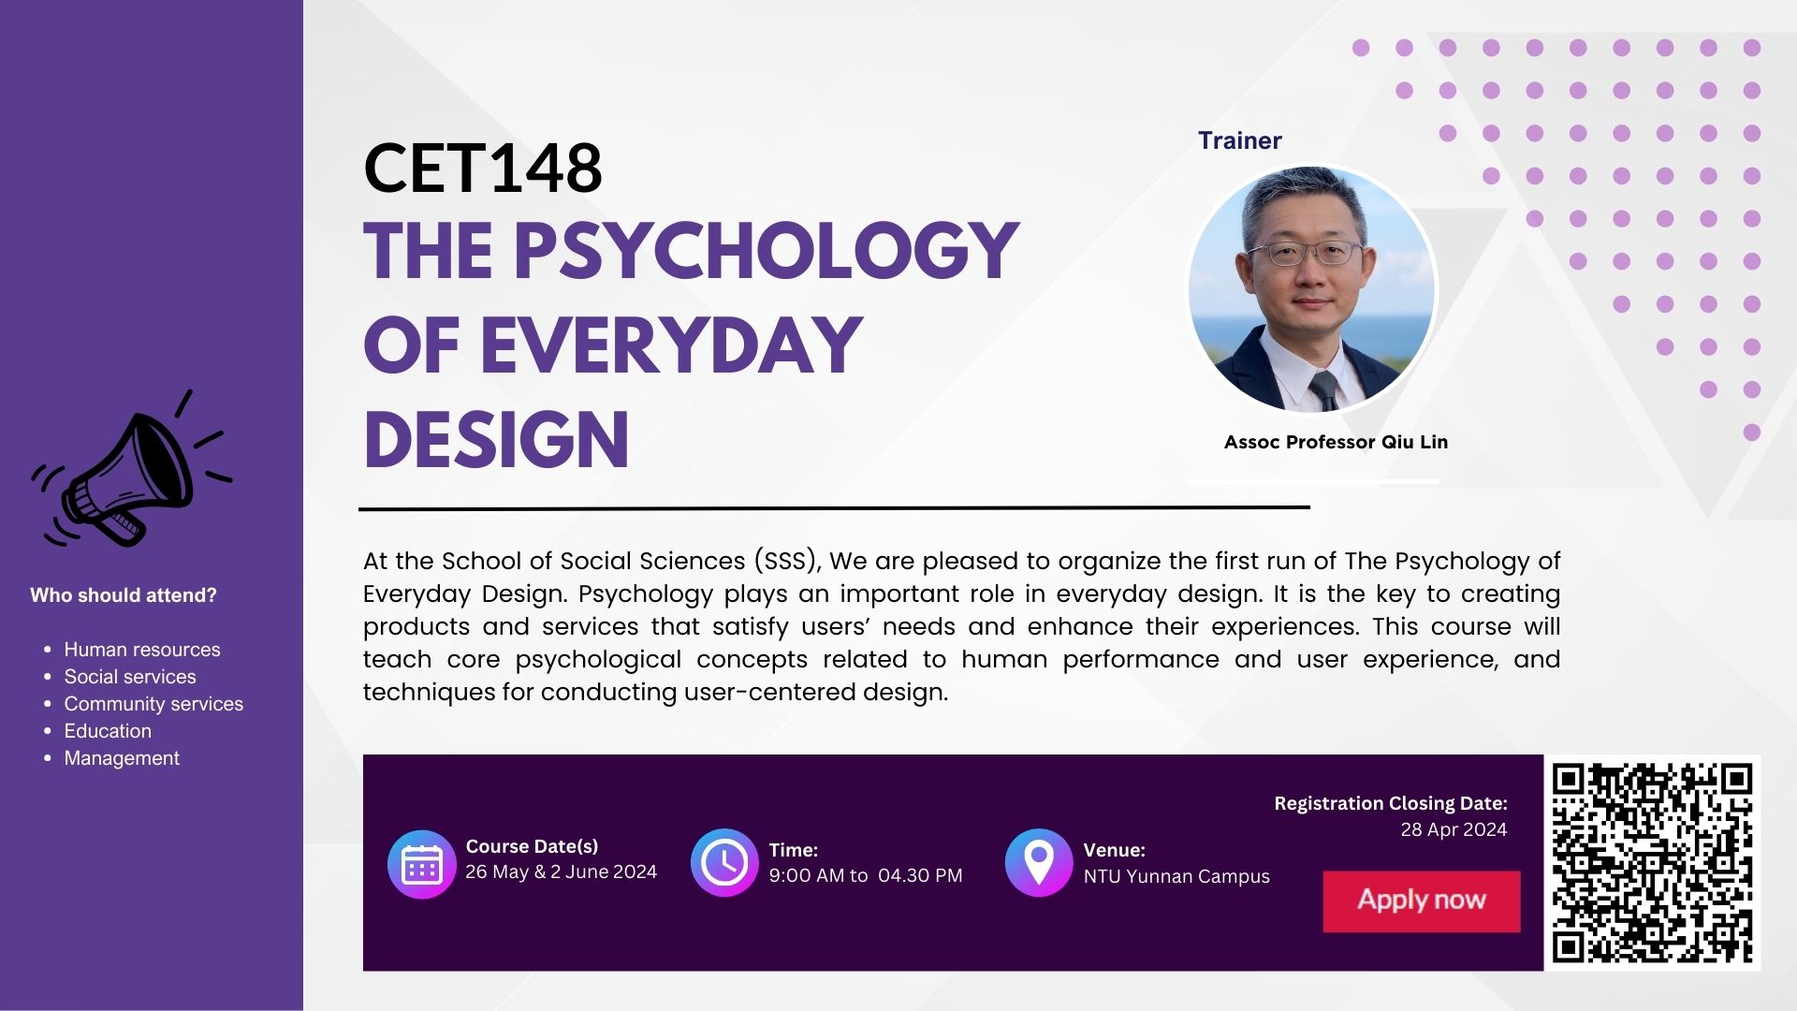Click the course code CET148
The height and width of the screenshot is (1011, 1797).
pos(482,168)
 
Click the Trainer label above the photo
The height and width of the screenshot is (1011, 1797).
pos(1240,140)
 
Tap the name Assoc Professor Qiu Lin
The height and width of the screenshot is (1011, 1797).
pos(1336,442)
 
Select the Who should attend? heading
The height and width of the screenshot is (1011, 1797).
pos(124,595)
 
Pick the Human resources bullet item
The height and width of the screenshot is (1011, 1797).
pos(142,650)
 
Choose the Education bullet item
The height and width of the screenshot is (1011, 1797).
pos(108,731)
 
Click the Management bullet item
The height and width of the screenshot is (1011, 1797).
pos(122,758)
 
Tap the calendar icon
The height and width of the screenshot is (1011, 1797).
pos(422,864)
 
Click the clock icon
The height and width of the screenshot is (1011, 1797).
pos(724,862)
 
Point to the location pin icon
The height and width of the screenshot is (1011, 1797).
pos(1039,862)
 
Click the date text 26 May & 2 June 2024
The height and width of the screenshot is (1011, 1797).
pos(562,872)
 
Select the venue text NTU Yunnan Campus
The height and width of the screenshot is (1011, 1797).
pos(1176,876)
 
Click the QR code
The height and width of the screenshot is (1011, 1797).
pos(1652,863)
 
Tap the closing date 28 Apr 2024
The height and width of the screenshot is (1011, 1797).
pos(1454,829)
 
